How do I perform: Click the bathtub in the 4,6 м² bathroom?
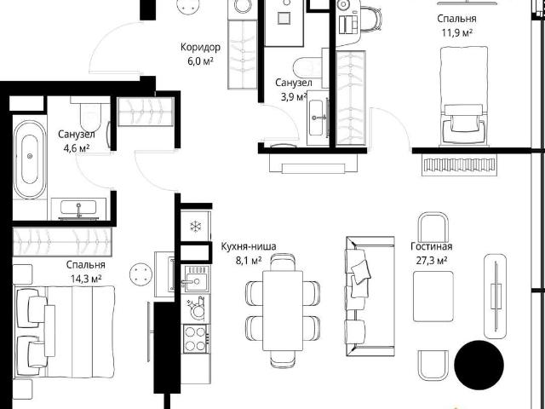coord(30,159)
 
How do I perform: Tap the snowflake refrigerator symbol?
coord(196,227)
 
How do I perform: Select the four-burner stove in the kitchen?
coord(196,339)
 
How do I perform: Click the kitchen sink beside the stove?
coord(196,279)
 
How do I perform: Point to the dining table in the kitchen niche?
coord(283,310)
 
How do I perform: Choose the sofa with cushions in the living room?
coord(370,297)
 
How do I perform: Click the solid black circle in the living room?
coord(479,365)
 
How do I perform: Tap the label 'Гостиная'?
coord(432,246)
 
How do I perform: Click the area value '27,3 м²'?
coord(432,260)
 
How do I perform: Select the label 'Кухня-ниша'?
coord(249,246)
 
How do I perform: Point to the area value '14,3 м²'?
coord(86,279)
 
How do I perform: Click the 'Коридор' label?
coord(201,48)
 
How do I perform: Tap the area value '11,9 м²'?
coord(456,32)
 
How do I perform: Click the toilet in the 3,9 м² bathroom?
coord(308,67)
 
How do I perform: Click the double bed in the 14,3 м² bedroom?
coord(65,331)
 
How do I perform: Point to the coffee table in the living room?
coord(433,297)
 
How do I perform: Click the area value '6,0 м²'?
coord(201,61)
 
